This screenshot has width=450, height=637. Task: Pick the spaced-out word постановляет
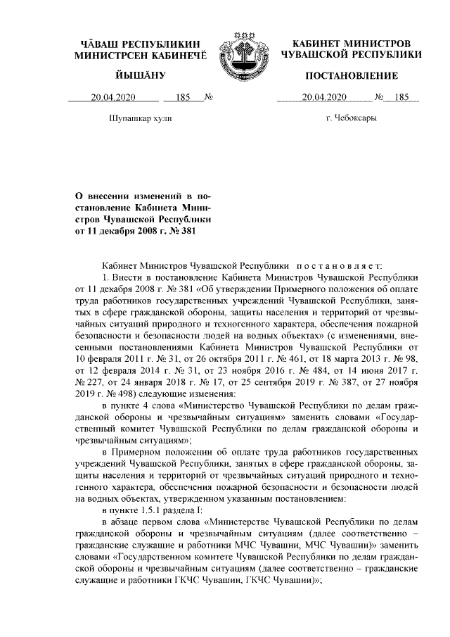point(339,266)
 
